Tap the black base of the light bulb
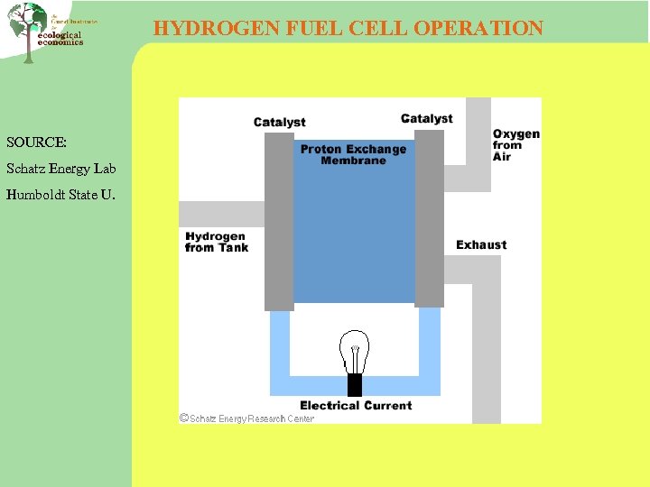coord(355,385)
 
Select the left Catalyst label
coord(279,123)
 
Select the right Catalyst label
coord(426,118)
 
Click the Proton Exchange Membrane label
coord(353,154)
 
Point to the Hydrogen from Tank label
coord(216,242)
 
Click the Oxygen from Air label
coord(515,145)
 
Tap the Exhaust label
coord(481,244)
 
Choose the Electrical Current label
coord(356,406)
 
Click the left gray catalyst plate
coord(279,222)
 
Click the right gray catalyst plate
coord(430,219)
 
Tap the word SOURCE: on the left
coord(36,142)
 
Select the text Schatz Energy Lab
coord(61,169)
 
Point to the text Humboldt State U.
coord(60,194)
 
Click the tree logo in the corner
coord(29,29)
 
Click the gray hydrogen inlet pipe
coord(221,214)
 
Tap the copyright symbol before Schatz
coord(184,418)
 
